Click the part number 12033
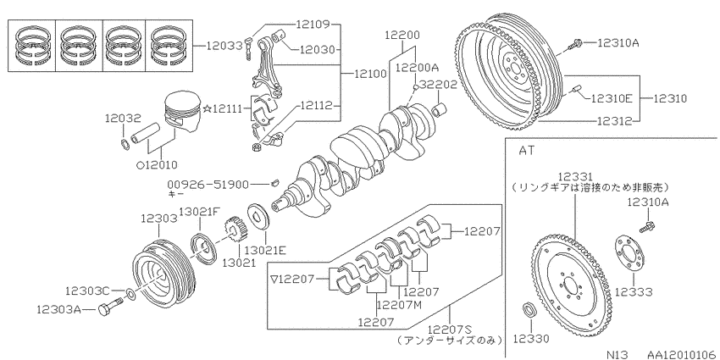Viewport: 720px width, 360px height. [224, 46]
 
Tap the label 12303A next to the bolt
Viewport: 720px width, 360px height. [58, 310]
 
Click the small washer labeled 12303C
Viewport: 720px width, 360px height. [130, 293]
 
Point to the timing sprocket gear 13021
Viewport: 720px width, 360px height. [235, 231]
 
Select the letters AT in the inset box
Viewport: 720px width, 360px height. [526, 150]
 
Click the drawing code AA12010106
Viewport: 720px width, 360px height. [681, 354]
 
